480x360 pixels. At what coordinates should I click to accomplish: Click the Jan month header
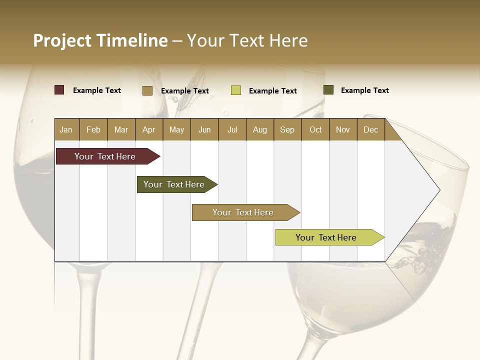pos(66,129)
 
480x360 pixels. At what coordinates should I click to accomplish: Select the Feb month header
pos(93,129)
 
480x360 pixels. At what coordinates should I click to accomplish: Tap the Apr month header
pos(149,129)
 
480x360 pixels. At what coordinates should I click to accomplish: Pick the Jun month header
pos(204,129)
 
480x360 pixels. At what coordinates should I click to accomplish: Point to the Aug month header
pos(260,129)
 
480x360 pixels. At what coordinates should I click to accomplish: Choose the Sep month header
pos(287,129)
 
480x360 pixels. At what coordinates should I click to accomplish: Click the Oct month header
pos(315,129)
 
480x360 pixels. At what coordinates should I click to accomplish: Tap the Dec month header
pos(371,129)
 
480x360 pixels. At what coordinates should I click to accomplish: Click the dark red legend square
pos(59,90)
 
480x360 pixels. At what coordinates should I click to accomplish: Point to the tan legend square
pos(147,90)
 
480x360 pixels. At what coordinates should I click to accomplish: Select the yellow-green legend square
pos(236,90)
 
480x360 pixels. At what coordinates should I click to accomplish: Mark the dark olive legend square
pos(328,90)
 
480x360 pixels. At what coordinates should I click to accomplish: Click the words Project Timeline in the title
pos(100,40)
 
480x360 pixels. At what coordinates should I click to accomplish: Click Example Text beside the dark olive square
pos(365,90)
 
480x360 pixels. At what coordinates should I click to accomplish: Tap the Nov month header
pos(343,129)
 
